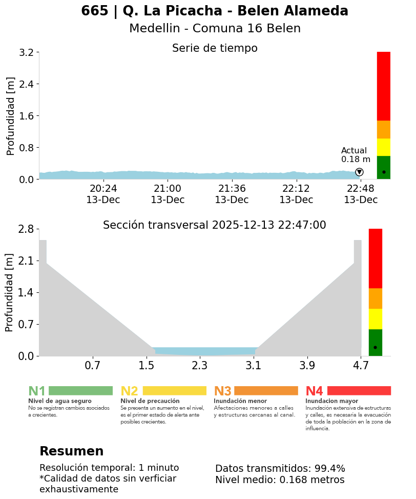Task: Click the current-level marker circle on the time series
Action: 359,172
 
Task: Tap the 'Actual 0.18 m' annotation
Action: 356,155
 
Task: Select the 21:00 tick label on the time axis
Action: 168,188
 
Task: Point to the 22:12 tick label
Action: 296,188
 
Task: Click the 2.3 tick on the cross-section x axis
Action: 200,365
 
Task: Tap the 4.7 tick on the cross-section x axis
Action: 361,365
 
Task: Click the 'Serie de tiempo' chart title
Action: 215,48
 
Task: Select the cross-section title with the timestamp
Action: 215,225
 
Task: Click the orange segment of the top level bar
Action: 383,129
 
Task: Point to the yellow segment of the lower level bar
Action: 376,318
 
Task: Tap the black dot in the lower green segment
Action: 375,348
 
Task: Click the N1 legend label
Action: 37,391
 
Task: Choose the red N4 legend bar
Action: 359,391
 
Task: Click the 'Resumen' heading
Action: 72,451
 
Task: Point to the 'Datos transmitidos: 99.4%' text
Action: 280,468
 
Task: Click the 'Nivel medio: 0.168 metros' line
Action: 280,480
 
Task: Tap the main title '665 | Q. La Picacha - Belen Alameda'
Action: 215,11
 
